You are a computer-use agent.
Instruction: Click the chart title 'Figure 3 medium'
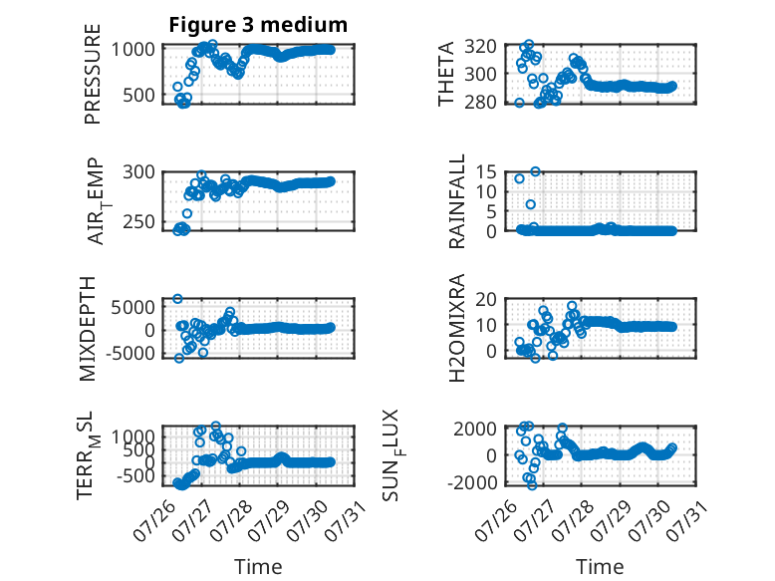(258, 25)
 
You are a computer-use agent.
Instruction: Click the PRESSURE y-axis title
(93, 74)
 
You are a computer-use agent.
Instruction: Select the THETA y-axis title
(446, 74)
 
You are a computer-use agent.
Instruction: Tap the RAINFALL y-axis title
(456, 200)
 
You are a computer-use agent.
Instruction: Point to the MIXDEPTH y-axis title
(87, 329)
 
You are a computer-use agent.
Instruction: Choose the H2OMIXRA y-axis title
(456, 328)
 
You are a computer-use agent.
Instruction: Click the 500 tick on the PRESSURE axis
(138, 95)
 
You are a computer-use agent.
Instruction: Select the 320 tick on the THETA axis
(480, 47)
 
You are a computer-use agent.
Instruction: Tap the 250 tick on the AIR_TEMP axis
(138, 222)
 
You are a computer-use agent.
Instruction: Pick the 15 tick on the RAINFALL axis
(486, 172)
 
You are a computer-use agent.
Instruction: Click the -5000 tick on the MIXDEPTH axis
(129, 353)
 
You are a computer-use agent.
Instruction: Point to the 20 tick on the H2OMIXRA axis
(486, 299)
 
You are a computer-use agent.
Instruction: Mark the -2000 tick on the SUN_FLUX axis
(472, 482)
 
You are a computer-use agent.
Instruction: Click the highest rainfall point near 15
(535, 171)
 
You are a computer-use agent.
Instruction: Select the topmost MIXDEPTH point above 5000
(177, 299)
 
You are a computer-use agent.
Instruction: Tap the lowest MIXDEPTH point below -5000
(179, 358)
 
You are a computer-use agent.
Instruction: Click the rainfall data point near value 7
(530, 204)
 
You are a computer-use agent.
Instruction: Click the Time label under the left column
(258, 567)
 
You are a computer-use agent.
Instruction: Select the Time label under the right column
(600, 567)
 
